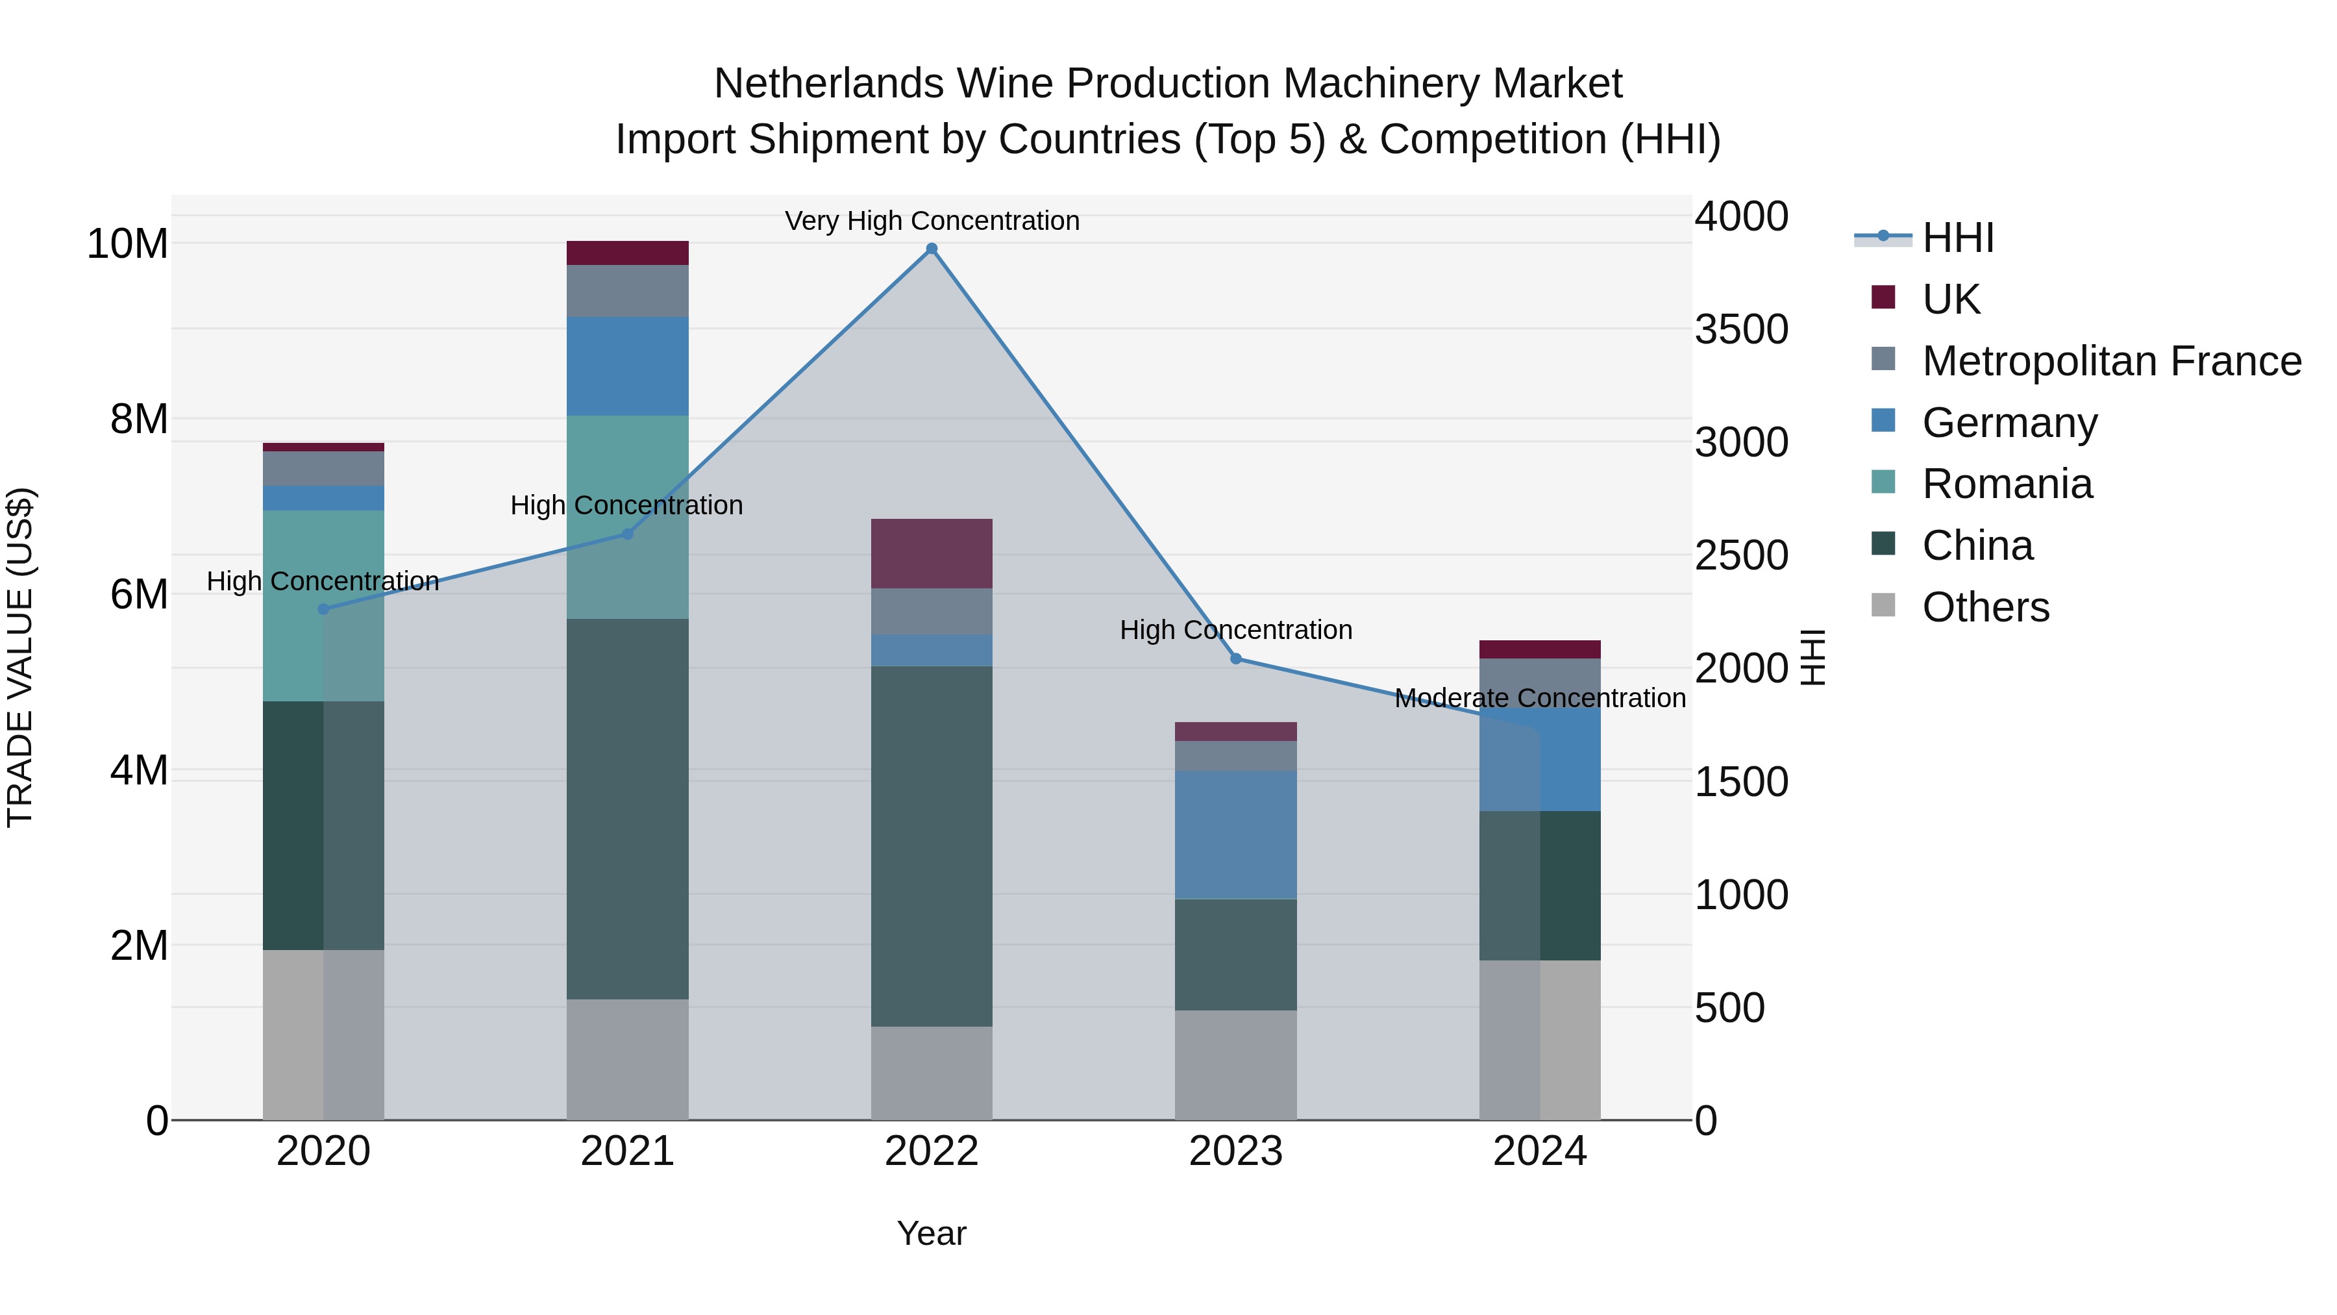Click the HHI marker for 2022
[931, 249]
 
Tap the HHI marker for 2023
[1235, 659]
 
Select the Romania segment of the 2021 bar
[627, 518]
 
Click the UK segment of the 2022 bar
[931, 553]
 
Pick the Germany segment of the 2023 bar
[1235, 835]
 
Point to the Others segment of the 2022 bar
[931, 1073]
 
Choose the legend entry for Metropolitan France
[2110, 361]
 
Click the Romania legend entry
[2007, 484]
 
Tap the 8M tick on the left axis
[138, 420]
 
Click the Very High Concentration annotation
[932, 221]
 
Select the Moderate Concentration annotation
[1540, 698]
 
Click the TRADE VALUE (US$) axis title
[20, 657]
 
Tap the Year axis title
[931, 1233]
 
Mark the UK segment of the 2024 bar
[1540, 649]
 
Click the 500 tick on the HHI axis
[1729, 1008]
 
